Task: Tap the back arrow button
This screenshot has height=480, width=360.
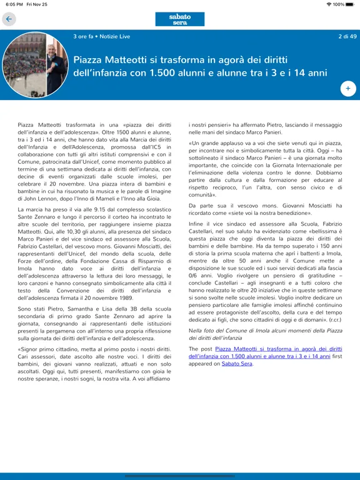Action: coord(9,19)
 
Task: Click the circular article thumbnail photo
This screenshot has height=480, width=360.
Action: coord(36,66)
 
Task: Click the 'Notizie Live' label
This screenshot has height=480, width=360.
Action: coord(114,36)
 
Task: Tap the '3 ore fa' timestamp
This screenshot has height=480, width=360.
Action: coord(82,36)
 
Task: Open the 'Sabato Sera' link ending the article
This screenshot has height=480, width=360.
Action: coord(237,363)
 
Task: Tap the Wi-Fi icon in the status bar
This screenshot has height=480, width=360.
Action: coord(329,4)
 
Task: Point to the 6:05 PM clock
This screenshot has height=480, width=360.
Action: coord(14,4)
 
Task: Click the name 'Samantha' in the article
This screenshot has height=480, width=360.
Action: coord(74,309)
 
